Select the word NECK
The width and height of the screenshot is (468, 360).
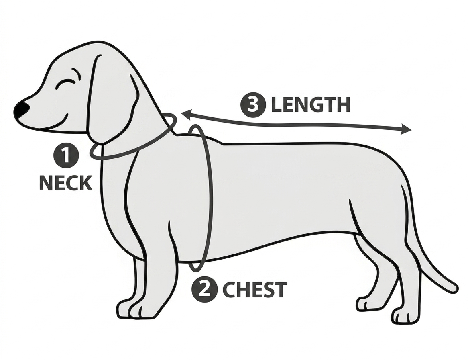(66, 183)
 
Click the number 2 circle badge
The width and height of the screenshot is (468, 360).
(204, 290)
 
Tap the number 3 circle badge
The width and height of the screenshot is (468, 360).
(253, 105)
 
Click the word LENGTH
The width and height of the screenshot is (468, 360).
(310, 105)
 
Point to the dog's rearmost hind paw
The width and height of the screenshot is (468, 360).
(406, 317)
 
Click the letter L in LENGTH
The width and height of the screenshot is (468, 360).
(277, 105)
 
